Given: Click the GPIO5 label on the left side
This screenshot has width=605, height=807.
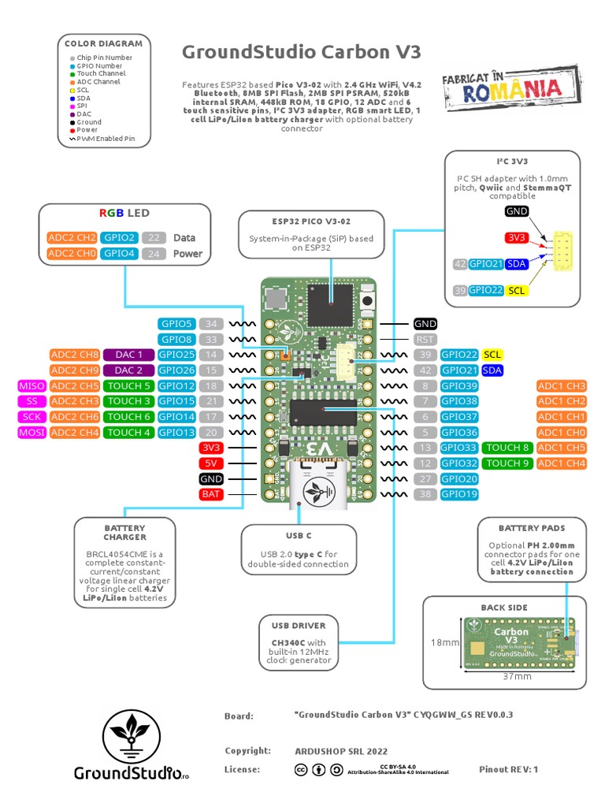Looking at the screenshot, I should (176, 324).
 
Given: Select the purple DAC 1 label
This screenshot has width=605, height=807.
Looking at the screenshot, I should (128, 355).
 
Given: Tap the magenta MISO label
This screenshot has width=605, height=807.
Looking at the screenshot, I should (32, 386).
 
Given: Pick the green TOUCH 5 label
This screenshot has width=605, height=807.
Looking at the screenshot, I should (128, 386).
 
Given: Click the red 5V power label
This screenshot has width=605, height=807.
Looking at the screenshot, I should (211, 463).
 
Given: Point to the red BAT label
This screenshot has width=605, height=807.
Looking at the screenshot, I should (211, 494).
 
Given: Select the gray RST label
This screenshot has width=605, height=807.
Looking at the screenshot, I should (425, 340).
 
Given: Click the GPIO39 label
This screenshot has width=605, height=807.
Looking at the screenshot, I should (460, 386).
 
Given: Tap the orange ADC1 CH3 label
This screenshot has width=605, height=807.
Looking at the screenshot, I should (561, 386).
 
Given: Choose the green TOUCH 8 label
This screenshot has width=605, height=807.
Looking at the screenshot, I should (507, 448).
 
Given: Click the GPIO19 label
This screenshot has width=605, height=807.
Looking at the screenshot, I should (460, 494).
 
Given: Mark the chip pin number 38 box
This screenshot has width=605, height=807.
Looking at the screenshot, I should (425, 494).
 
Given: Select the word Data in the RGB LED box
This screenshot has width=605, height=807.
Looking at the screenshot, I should (184, 237).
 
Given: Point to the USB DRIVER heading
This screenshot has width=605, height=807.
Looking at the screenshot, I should (299, 626).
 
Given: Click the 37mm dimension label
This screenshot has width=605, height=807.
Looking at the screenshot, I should (518, 676).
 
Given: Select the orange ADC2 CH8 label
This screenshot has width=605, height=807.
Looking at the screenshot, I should (74, 355).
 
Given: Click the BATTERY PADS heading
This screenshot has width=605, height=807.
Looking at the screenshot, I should (531, 528).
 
